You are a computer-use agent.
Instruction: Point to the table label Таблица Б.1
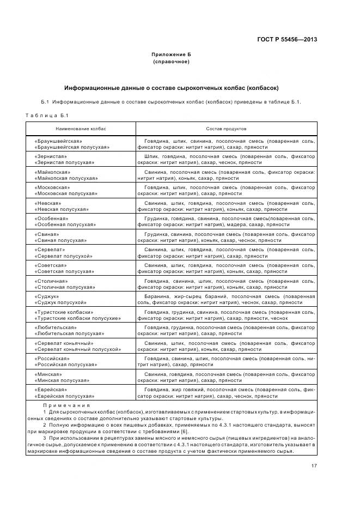click(x=47, y=116)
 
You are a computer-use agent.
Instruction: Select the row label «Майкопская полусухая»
click(x=66, y=178)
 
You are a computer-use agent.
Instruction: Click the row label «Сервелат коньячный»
click(x=64, y=343)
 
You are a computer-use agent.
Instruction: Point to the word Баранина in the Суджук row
click(x=156, y=296)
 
